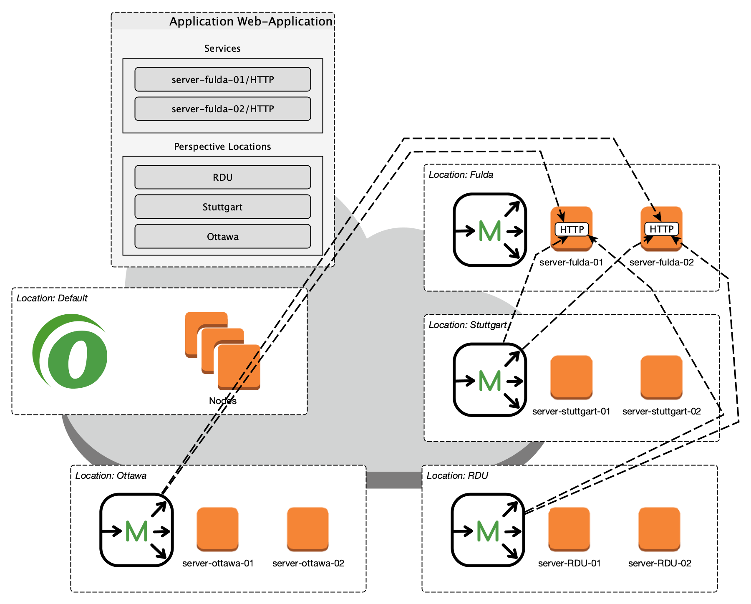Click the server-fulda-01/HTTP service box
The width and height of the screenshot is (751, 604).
pyautogui.click(x=222, y=79)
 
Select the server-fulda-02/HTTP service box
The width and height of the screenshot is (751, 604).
pyautogui.click(x=222, y=109)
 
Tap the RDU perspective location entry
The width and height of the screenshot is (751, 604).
pyautogui.click(x=222, y=177)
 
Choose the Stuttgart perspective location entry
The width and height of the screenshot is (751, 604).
pyautogui.click(x=222, y=207)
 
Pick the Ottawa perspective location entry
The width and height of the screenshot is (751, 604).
pyautogui.click(x=222, y=237)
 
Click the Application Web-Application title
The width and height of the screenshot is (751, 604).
pyautogui.click(x=250, y=21)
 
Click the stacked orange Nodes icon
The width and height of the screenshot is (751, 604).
pyautogui.click(x=223, y=351)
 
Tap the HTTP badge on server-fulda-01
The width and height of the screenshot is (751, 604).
pyautogui.click(x=572, y=229)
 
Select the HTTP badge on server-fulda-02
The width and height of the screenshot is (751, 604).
pyautogui.click(x=661, y=229)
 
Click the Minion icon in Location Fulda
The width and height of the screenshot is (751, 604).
pyautogui.click(x=489, y=230)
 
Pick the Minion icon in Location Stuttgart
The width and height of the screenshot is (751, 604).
pyautogui.click(x=489, y=380)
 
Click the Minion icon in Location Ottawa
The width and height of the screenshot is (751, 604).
pyautogui.click(x=136, y=530)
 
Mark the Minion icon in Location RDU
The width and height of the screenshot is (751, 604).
pyautogui.click(x=488, y=530)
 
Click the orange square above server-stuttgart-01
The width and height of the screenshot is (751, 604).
pyautogui.click(x=571, y=377)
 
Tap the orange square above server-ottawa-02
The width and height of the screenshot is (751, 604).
pyautogui.click(x=308, y=529)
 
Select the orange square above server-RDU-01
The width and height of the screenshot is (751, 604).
pyautogui.click(x=569, y=529)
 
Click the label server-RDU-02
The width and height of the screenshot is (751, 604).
pyautogui.click(x=660, y=563)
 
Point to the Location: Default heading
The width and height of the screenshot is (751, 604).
pyautogui.click(x=52, y=298)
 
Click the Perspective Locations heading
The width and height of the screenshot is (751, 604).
pyautogui.click(x=222, y=147)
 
